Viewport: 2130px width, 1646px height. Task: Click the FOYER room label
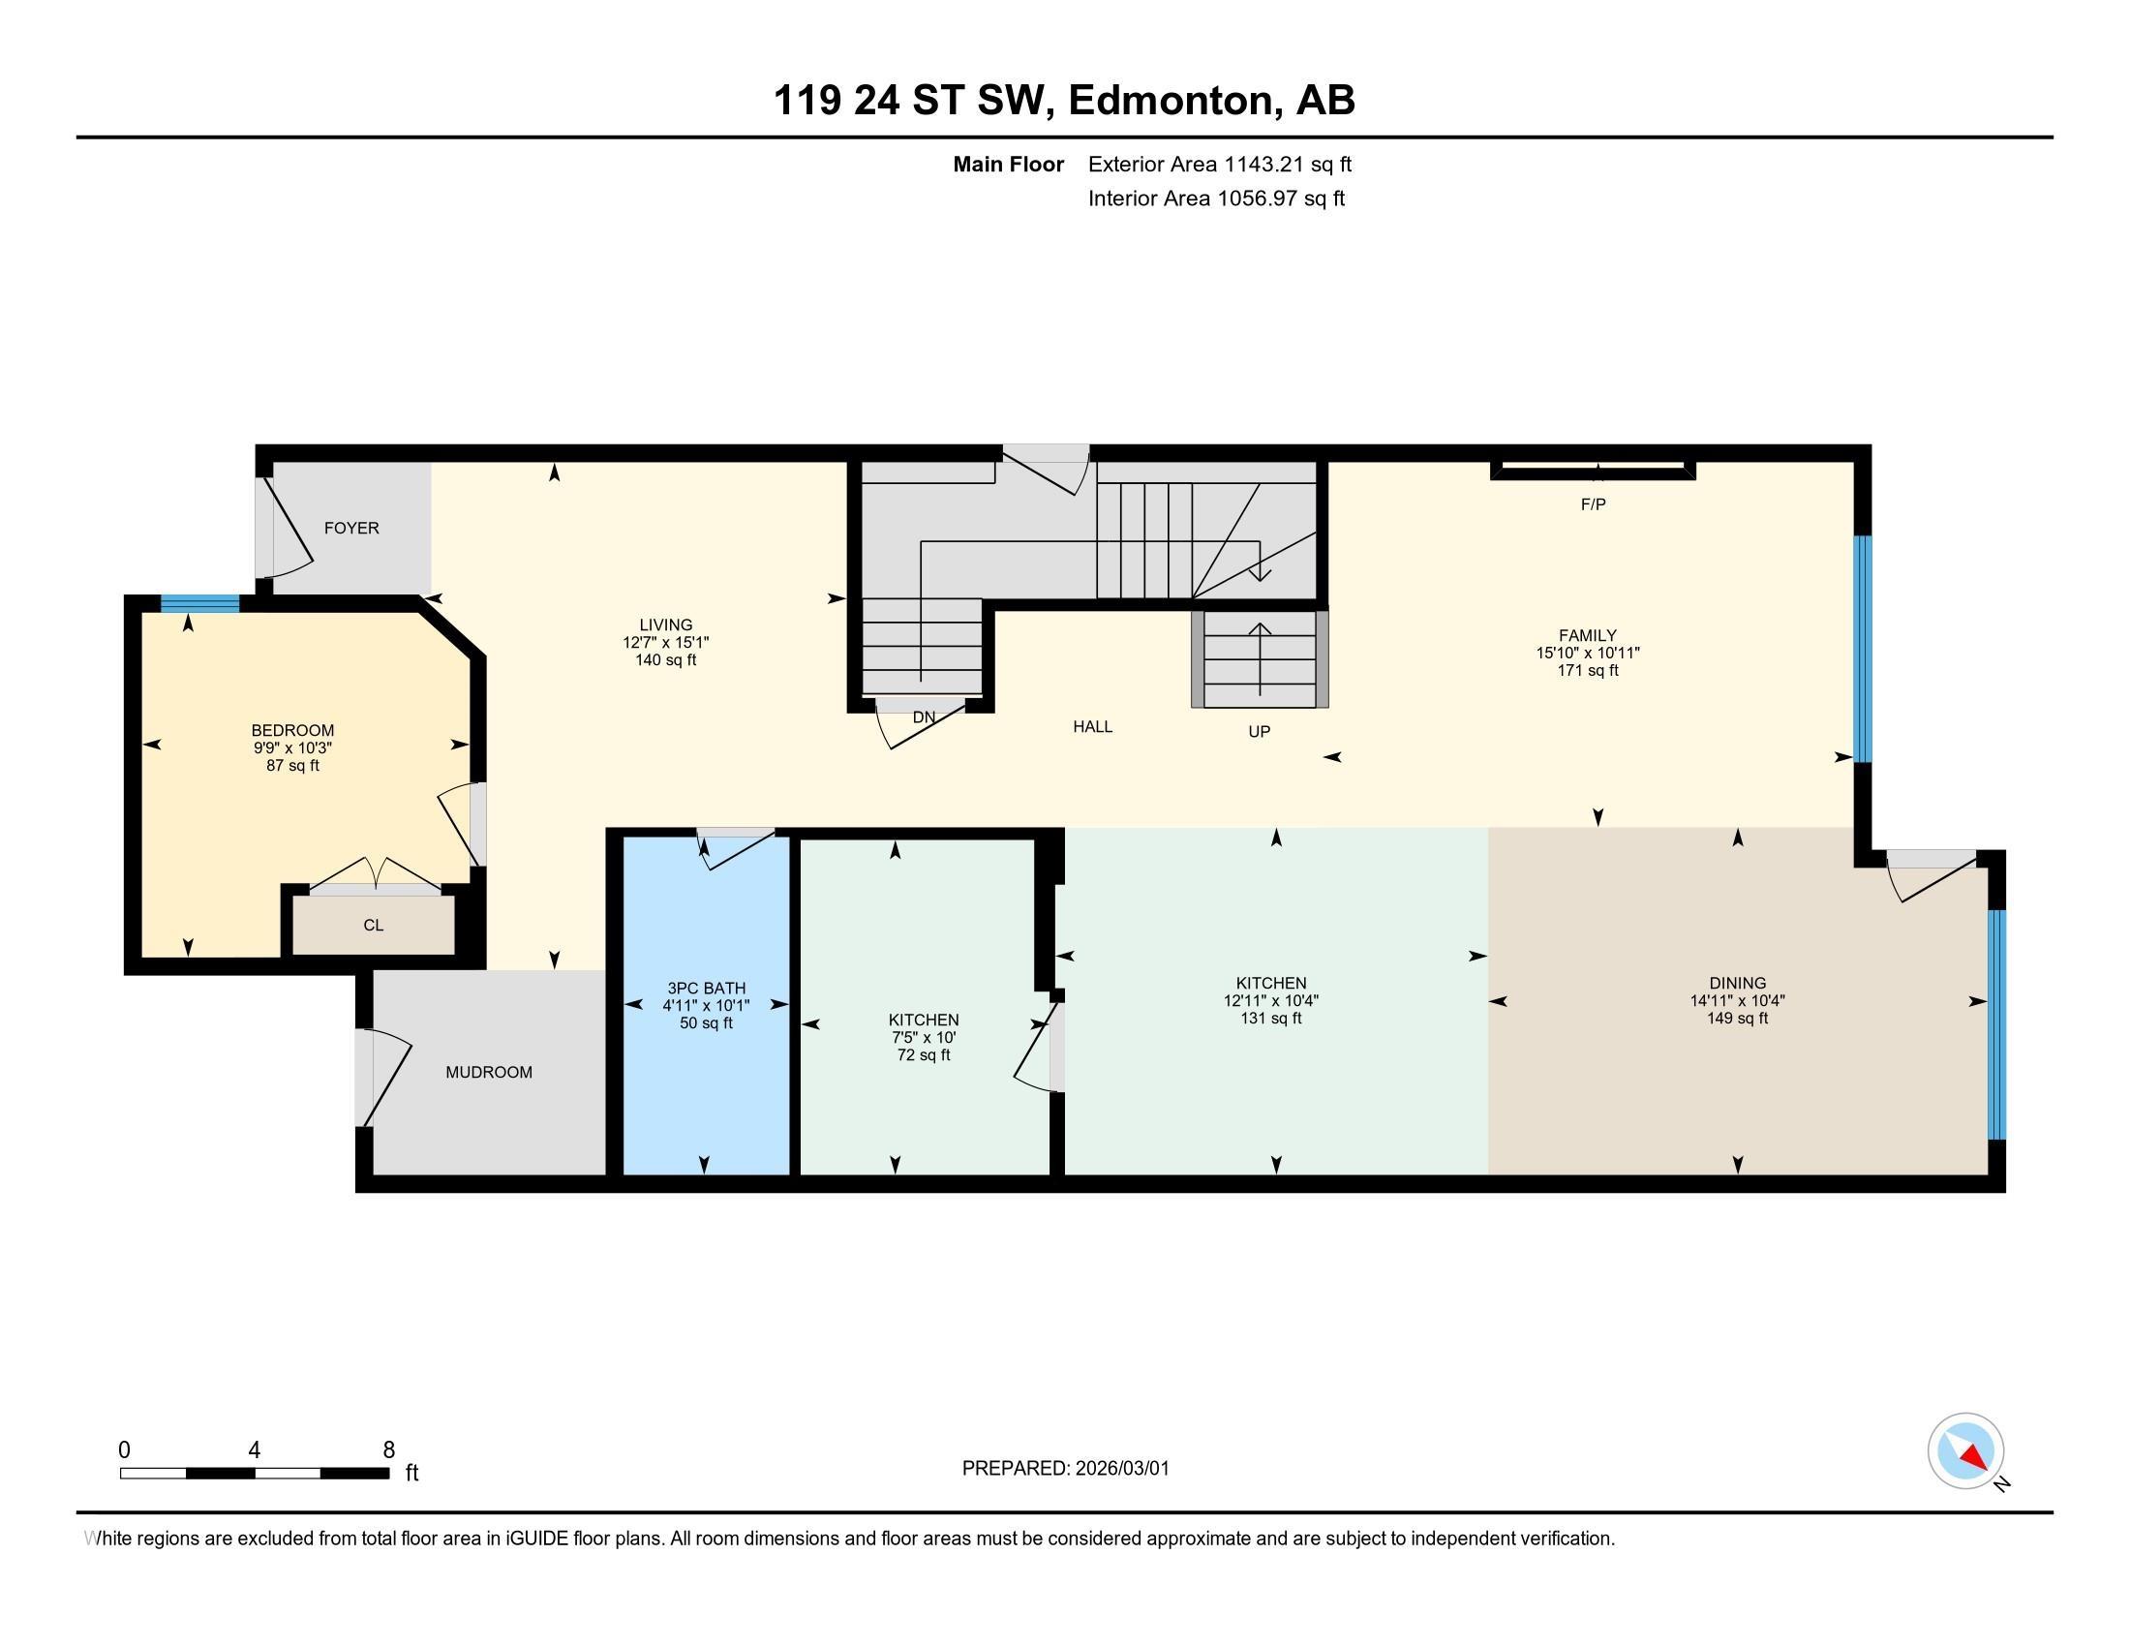click(x=351, y=528)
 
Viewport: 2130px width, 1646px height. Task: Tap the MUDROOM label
click(x=489, y=1072)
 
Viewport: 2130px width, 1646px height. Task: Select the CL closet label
click(x=374, y=925)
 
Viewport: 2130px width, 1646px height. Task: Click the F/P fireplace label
click(x=1593, y=504)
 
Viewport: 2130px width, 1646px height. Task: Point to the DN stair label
click(x=924, y=716)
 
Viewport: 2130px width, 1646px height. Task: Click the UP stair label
click(x=1259, y=731)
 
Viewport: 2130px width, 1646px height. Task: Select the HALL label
click(x=1092, y=726)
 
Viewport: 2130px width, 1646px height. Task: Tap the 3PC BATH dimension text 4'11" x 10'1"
click(x=706, y=1005)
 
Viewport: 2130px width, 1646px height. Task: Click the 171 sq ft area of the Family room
click(x=1588, y=670)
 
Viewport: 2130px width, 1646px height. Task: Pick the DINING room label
click(x=1737, y=983)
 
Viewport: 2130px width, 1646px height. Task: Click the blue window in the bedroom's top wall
click(x=200, y=602)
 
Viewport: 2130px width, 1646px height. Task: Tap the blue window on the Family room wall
click(x=1862, y=649)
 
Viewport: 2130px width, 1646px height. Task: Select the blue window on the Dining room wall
click(x=1996, y=1023)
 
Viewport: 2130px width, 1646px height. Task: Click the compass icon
click(x=1965, y=1450)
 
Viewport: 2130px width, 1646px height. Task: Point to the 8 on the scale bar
click(x=388, y=1449)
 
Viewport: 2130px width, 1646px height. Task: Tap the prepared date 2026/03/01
click(x=1121, y=1469)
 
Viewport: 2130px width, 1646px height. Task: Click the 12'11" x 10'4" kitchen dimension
click(x=1271, y=1000)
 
